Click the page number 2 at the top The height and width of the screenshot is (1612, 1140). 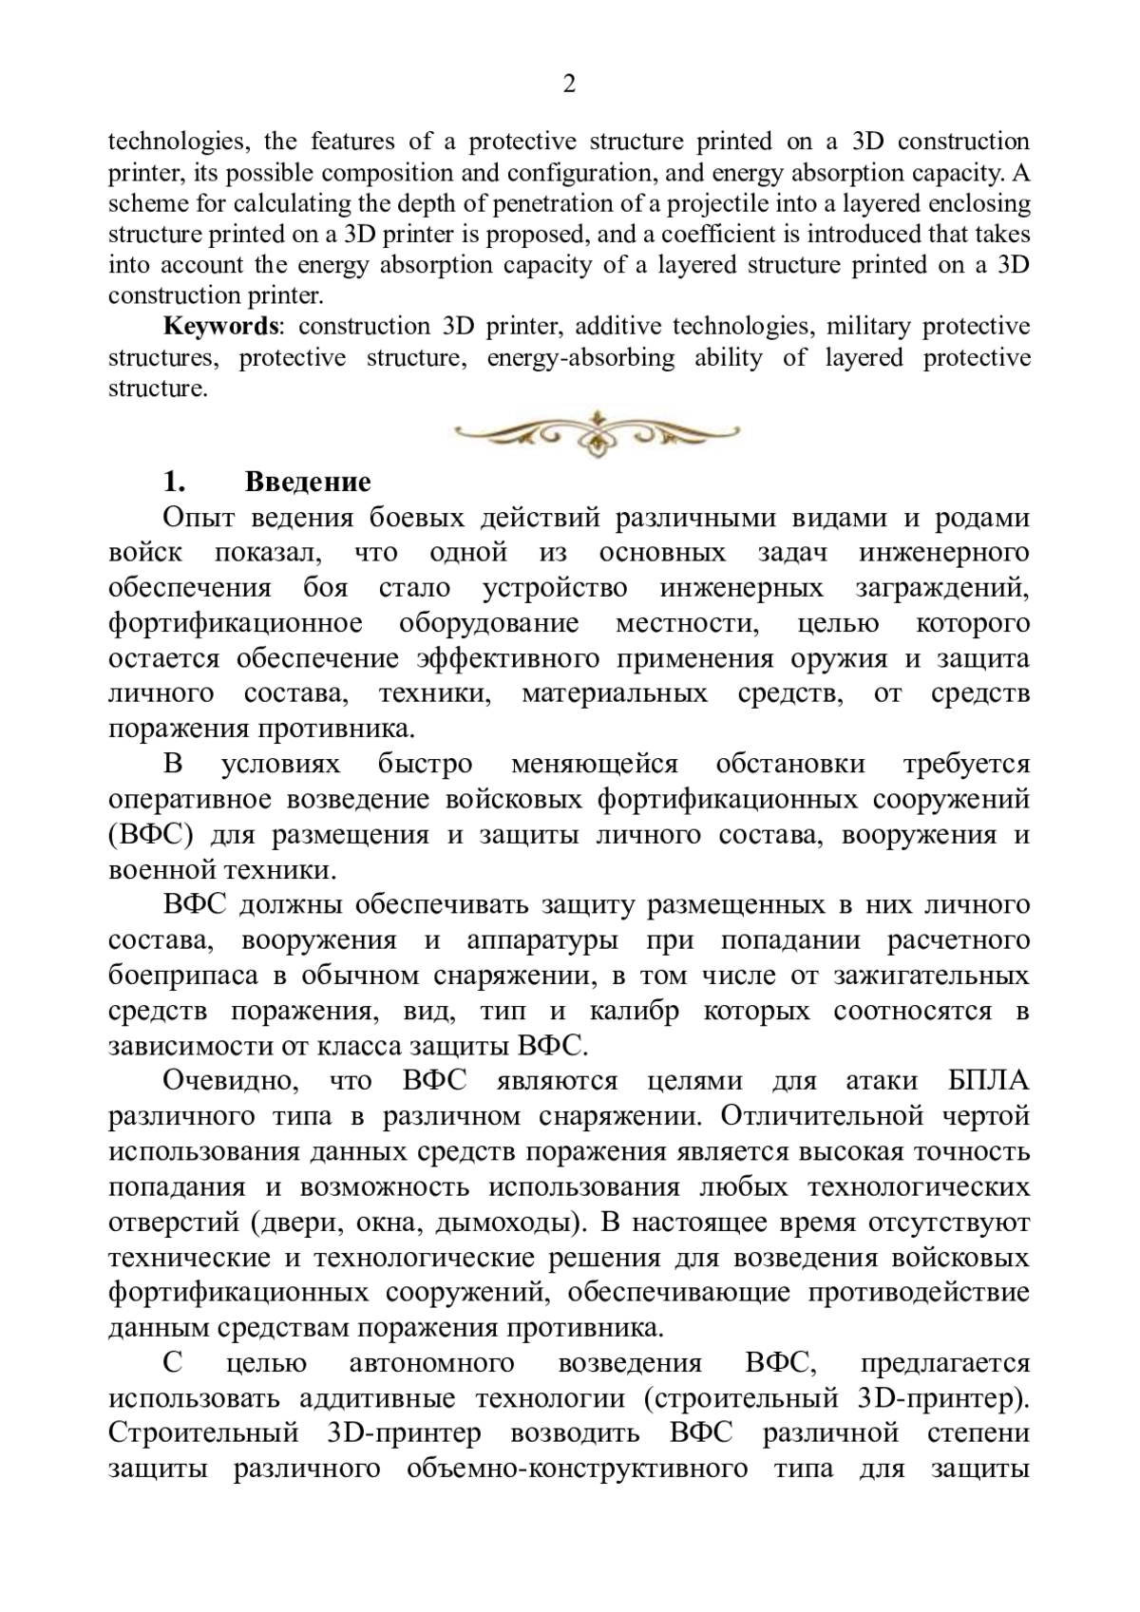(x=569, y=85)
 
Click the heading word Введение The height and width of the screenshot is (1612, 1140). (x=308, y=482)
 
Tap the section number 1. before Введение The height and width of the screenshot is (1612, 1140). (x=173, y=482)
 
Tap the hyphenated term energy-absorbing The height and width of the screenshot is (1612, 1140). (x=580, y=357)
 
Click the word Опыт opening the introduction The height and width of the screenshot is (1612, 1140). (x=195, y=518)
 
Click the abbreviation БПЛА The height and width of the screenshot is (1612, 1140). (x=988, y=1081)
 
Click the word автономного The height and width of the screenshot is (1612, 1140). (x=432, y=1363)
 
